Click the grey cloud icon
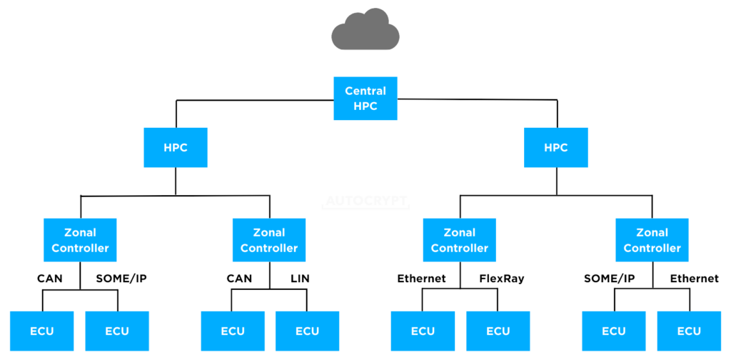(x=365, y=30)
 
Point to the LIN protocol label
(x=300, y=278)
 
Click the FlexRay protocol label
(x=502, y=278)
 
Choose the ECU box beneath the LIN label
(x=307, y=331)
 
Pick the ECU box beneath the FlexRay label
(x=498, y=331)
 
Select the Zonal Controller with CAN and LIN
(x=269, y=240)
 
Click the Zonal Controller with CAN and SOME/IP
(x=80, y=240)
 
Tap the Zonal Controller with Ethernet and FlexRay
(x=459, y=240)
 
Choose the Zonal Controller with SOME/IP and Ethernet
(x=652, y=240)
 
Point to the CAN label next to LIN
(x=239, y=278)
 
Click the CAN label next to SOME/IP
(x=49, y=278)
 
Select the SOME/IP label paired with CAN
(x=121, y=278)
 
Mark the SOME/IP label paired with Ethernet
(x=609, y=278)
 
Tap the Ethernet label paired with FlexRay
(x=421, y=278)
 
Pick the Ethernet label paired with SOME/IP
(x=695, y=278)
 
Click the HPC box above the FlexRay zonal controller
(x=555, y=148)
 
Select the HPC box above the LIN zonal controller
(x=176, y=148)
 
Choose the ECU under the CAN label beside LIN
(x=232, y=331)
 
